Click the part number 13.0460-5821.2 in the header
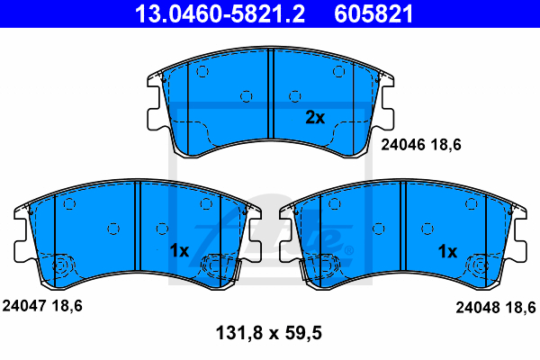point(220,13)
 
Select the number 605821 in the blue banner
point(373,13)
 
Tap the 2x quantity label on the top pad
point(315,118)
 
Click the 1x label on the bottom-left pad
point(179,251)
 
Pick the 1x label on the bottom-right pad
point(447,251)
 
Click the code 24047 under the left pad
point(24,306)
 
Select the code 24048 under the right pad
point(478,307)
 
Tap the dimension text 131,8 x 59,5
point(268,333)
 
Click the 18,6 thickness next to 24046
point(445,145)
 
